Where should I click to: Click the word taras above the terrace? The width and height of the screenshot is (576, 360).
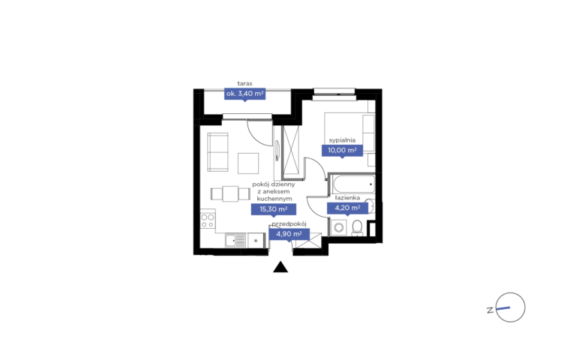(244, 84)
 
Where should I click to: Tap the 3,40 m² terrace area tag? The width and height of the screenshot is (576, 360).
(244, 94)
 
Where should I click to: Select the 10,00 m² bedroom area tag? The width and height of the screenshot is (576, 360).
(342, 150)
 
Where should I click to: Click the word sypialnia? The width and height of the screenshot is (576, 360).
(342, 140)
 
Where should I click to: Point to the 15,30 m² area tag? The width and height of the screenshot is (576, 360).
(273, 209)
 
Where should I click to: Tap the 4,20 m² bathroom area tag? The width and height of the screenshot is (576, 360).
(347, 208)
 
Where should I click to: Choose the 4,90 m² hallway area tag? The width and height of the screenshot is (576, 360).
(289, 234)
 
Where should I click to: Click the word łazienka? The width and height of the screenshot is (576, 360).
(347, 198)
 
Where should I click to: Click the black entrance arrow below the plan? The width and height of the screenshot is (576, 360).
(280, 267)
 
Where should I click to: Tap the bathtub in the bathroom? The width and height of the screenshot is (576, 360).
(353, 184)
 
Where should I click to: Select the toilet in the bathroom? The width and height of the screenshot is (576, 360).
(357, 228)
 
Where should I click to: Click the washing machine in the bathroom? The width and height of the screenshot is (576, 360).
(339, 228)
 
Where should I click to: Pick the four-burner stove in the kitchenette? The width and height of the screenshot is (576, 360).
(208, 220)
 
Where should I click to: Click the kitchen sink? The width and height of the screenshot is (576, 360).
(235, 241)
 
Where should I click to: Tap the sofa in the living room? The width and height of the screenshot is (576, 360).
(217, 152)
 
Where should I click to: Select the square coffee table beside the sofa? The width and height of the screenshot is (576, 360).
(248, 163)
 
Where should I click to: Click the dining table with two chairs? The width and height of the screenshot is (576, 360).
(230, 194)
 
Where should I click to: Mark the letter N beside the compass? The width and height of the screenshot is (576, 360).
(490, 310)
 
